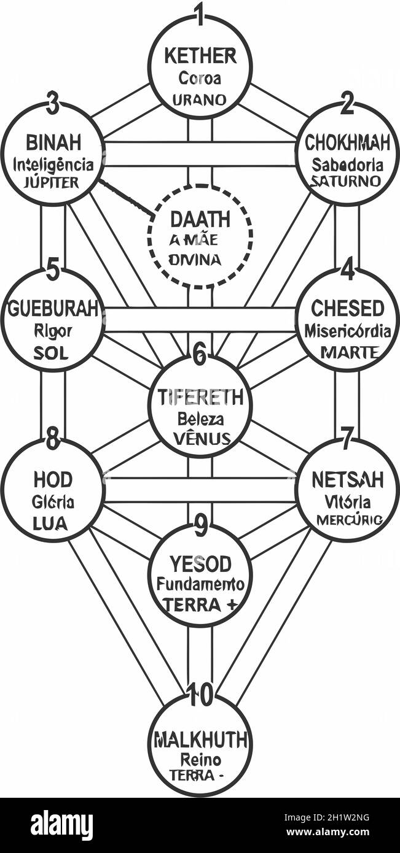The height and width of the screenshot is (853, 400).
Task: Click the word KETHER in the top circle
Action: pos(200,56)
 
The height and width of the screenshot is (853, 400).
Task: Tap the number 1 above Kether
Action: pos(199,14)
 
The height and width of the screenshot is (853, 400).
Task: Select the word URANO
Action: pos(199,99)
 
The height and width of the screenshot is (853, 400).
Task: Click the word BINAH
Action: pos(53,143)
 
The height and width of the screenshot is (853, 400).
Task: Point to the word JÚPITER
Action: pos(52,182)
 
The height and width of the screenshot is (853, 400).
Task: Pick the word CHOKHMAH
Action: pos(347,143)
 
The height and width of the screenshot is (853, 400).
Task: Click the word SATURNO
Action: pos(345,182)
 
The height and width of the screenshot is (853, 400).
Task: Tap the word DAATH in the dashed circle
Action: pos(200,219)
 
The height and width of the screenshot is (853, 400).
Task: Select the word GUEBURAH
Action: pos(53,309)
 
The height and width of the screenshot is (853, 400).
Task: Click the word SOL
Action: pos(52,354)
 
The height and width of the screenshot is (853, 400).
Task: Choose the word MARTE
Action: pos(349,353)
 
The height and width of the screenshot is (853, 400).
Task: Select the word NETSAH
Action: pos(348,479)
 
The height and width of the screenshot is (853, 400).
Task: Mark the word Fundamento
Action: pos(200,584)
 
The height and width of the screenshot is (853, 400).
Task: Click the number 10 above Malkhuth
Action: pos(200,695)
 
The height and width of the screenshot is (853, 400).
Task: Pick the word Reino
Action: pos(200,760)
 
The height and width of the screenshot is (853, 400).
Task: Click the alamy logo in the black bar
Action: pos(61,825)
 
